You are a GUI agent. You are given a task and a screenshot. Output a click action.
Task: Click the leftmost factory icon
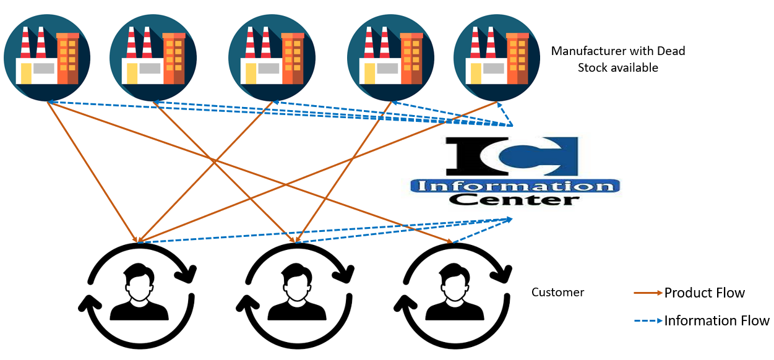pos(47,58)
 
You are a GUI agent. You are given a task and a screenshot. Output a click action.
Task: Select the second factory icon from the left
pos(153,58)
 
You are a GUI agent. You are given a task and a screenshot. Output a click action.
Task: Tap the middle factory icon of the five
pos(272,58)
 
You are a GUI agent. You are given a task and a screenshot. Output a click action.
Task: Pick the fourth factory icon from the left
pos(390,58)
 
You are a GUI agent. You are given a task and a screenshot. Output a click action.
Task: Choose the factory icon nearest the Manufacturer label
pos(497,58)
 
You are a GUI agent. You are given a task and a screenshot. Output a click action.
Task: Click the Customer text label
pos(557,292)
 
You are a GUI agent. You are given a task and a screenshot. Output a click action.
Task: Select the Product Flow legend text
pos(704,293)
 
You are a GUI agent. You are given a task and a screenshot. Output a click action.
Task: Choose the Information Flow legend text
pos(716,320)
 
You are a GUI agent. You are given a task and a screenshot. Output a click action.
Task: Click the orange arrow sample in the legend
pos(648,293)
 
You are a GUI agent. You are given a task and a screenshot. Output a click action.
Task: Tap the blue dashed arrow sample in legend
pos(648,320)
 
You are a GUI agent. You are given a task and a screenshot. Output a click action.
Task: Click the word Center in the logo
pos(514,200)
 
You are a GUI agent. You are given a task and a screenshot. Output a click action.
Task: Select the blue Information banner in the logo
pos(515,186)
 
